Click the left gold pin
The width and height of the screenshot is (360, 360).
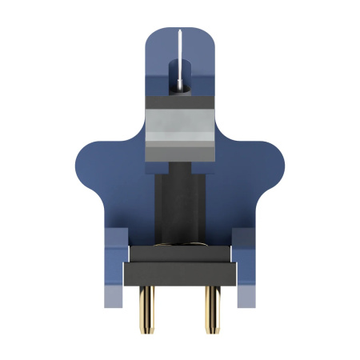pyautogui.click(x=147, y=308)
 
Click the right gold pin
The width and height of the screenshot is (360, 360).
pyautogui.click(x=212, y=308)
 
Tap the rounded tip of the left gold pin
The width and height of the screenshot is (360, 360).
pyautogui.click(x=147, y=330)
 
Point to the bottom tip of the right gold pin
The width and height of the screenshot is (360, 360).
pyautogui.click(x=212, y=330)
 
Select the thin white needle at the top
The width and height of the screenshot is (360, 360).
pyautogui.click(x=181, y=60)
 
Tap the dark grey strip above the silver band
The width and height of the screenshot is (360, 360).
pyautogui.click(x=180, y=102)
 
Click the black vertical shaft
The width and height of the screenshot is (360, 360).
pyautogui.click(x=180, y=208)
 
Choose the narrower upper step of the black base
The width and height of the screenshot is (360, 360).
pyautogui.click(x=180, y=254)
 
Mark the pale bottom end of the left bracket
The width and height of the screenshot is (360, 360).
pyautogui.click(x=114, y=299)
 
